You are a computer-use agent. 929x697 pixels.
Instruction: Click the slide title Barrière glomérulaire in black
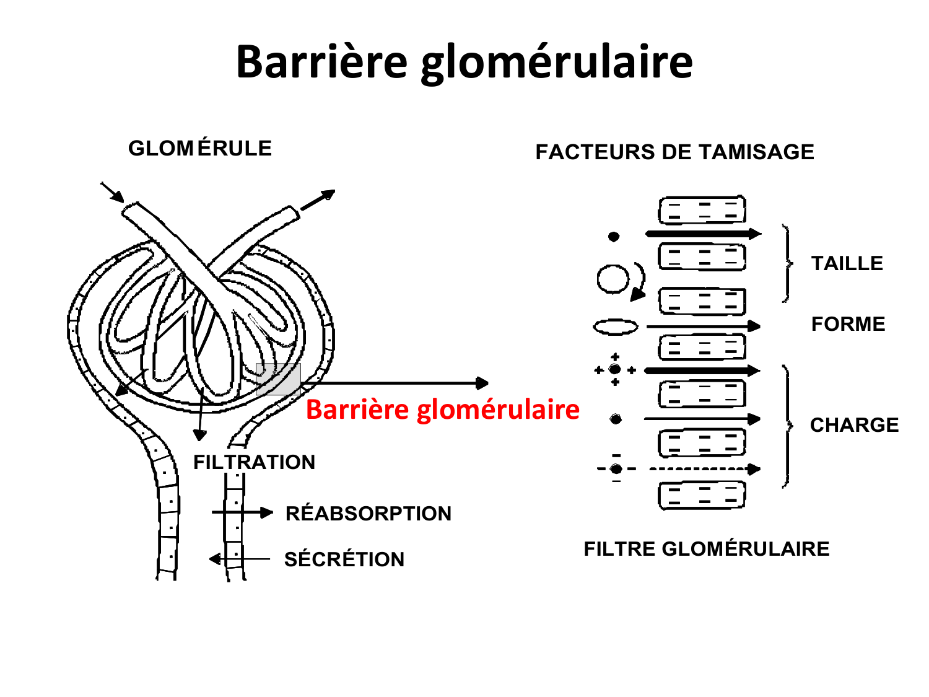pos(464,62)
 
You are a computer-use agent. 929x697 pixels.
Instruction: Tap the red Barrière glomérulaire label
pos(442,410)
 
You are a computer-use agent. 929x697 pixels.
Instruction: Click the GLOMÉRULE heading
pos(200,149)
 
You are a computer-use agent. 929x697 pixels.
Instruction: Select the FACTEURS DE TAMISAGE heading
pos(674,152)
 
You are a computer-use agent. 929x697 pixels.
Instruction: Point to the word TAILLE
pos(847,263)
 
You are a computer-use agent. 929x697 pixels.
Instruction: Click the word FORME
pos(848,324)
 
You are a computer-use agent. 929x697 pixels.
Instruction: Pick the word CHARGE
pos(854,425)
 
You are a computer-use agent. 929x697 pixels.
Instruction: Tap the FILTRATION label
pos(254,462)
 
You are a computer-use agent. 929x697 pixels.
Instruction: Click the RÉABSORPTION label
pos(368,514)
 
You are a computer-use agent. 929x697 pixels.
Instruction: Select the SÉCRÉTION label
pos(344,559)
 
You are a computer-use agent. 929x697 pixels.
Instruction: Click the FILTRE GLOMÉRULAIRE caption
pos(706,549)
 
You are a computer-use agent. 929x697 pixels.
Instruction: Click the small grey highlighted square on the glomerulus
pos(279,379)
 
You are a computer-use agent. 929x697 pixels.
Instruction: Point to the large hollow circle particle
pos(613,278)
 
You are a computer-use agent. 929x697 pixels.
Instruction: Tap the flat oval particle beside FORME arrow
pos(616,327)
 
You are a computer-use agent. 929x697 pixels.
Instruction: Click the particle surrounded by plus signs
pos(615,370)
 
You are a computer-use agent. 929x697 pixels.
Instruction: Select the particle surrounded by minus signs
pos(616,469)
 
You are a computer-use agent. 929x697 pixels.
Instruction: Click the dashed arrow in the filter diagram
pos(703,469)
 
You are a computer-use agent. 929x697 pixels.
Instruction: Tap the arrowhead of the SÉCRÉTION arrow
pos(215,559)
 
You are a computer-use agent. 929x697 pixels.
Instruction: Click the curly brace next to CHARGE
pos(787,426)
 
